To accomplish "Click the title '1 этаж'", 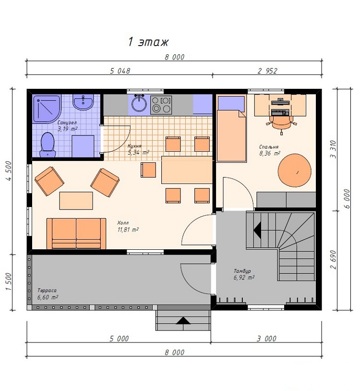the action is [148, 42].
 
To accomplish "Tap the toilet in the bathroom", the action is [48, 145].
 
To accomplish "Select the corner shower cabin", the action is [47, 109].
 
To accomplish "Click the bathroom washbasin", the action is [83, 102].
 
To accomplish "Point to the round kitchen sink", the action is [139, 104].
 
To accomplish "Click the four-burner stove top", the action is [161, 105].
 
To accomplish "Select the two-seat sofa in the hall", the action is [76, 233].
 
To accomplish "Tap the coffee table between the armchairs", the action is [76, 201].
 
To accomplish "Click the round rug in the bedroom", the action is [294, 170].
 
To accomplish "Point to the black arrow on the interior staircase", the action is [257, 229].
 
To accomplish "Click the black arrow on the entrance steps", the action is [183, 320].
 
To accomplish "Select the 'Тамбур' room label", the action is [242, 271].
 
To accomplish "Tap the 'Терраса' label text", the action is [47, 291].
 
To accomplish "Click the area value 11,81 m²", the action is [128, 230].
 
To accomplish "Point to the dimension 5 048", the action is [120, 71].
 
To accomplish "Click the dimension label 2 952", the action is [267, 71].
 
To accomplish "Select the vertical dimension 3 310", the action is [333, 149].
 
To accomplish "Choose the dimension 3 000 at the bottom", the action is [266, 339].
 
